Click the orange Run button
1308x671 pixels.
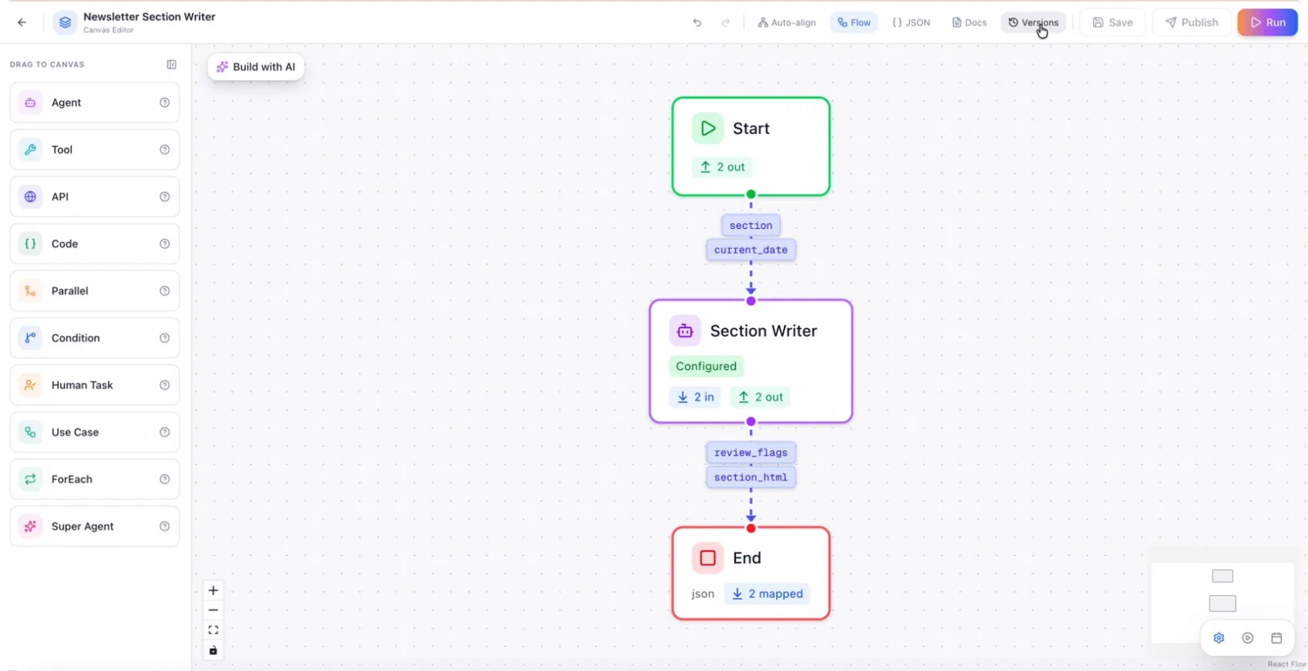point(1267,22)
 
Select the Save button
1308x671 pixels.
point(1113,22)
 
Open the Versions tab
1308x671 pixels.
point(1033,22)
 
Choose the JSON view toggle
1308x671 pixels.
point(911,22)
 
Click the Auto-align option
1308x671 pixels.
point(786,22)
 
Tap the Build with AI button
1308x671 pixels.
point(256,66)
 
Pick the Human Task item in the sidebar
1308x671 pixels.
point(95,385)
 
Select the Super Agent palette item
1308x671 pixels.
point(95,526)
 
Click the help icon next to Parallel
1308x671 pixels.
point(164,291)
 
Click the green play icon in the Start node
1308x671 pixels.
point(708,128)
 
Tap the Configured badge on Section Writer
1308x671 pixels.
point(706,366)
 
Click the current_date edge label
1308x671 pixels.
point(751,250)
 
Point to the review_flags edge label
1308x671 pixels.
point(751,453)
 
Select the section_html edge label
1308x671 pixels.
point(751,477)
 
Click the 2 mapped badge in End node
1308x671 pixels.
point(768,593)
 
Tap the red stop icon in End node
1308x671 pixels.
point(708,557)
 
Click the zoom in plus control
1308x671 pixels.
point(213,590)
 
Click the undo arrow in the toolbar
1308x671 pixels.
point(697,22)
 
